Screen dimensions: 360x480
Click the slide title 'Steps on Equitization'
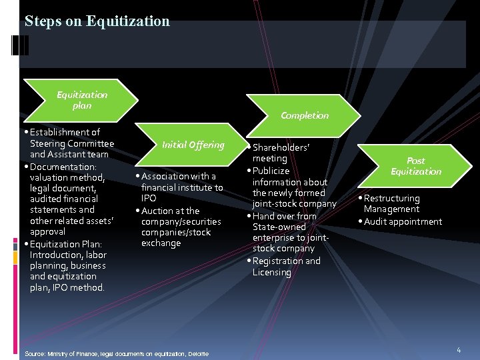tap(97, 21)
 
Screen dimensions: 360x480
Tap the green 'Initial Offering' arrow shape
tap(193, 145)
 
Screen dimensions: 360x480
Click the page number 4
tap(459, 350)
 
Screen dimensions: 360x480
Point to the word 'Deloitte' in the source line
tap(199, 353)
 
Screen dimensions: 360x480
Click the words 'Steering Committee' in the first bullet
tap(72, 143)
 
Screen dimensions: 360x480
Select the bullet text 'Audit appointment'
tap(403, 221)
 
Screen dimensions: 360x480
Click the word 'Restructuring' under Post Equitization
tap(392, 199)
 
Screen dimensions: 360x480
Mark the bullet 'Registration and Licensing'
tap(286, 267)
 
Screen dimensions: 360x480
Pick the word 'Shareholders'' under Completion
tap(281, 147)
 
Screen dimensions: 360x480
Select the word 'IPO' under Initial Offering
tap(149, 199)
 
